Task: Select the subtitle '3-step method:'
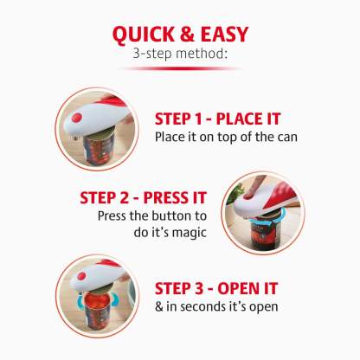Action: tap(180, 55)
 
